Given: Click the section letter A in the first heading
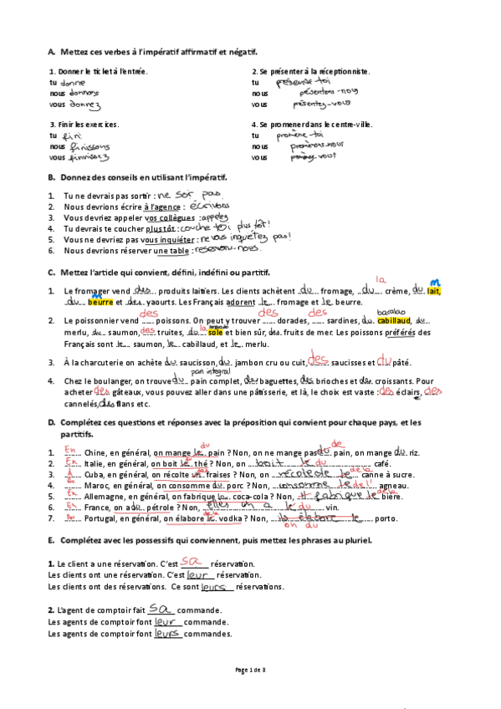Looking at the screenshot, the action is coord(51,53).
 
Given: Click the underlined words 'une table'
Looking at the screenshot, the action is coord(172,250).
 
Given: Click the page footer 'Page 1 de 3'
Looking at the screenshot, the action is coord(250,670).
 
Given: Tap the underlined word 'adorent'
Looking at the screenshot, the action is coord(238,302).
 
